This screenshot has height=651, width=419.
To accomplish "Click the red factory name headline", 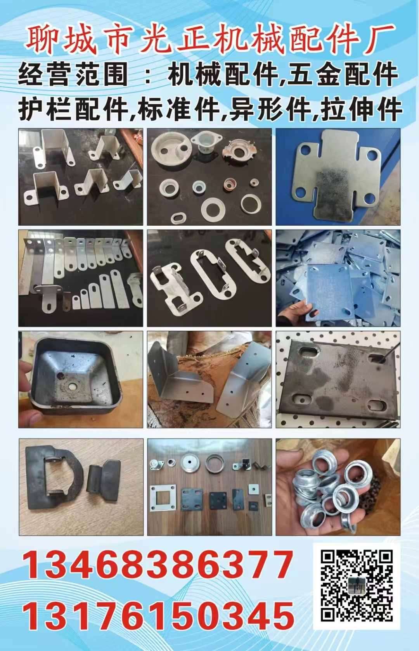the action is coord(210,40).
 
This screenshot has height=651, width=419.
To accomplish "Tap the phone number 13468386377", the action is coord(158,564).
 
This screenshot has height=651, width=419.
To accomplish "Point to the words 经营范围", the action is coord(73,75).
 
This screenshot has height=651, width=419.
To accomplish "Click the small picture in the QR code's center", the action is coord(357,592).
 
